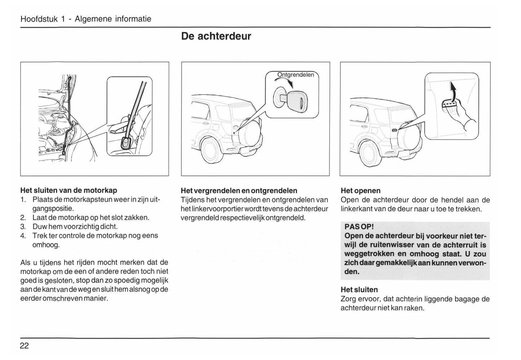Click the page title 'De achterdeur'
216,36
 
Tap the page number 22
24,346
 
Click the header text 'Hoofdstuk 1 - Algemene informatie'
86,19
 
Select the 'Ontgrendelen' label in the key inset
295,75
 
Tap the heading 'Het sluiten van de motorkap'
69,190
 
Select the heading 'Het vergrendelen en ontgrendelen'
239,190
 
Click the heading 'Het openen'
360,190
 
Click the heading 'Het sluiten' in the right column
359,290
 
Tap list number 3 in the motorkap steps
23,227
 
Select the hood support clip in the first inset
126,142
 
